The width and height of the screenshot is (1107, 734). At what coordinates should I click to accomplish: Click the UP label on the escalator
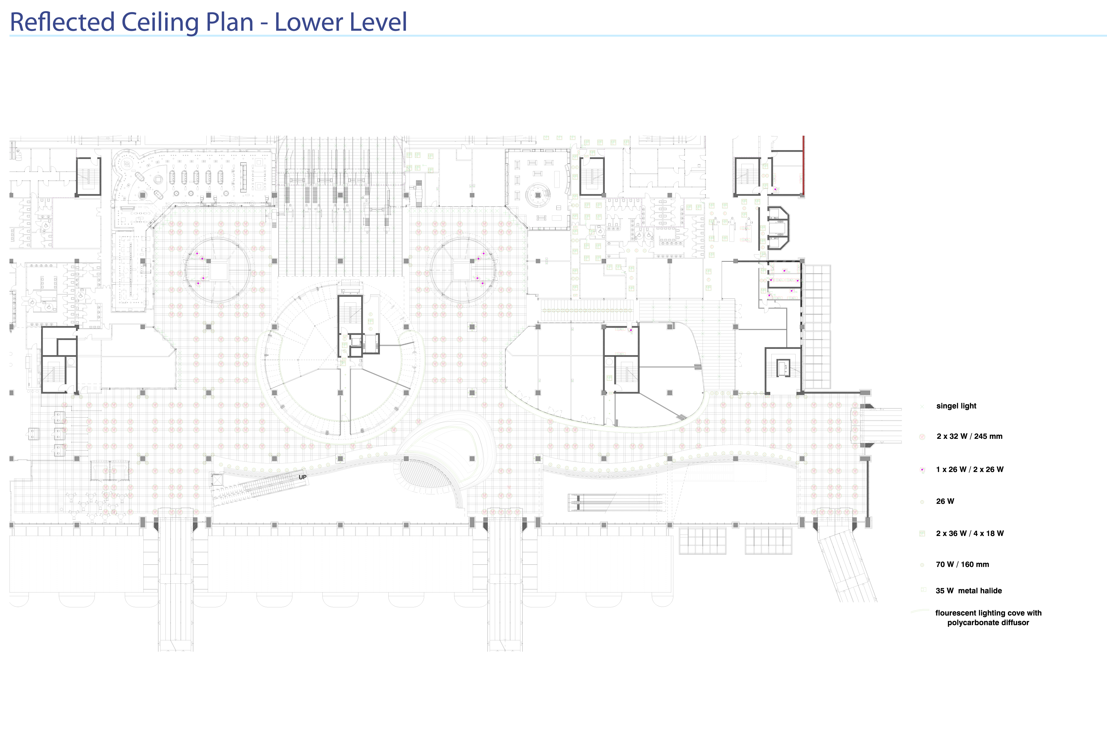[x=302, y=477]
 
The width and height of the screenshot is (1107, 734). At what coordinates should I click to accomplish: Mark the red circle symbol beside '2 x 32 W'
[x=922, y=437]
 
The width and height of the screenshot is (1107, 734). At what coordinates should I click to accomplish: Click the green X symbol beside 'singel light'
[x=922, y=406]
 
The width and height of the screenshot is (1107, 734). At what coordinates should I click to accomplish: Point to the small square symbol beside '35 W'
[x=923, y=590]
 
